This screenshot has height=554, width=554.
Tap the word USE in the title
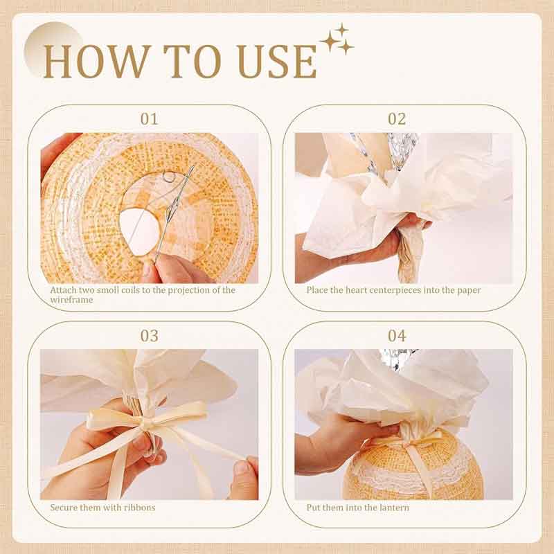point(278,62)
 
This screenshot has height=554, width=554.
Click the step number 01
point(149,119)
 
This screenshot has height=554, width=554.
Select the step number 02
point(397,119)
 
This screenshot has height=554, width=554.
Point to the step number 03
point(149,336)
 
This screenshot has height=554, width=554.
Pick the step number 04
point(397,336)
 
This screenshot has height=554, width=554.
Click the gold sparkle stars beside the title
point(337,39)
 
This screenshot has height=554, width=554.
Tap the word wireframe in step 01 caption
point(72,300)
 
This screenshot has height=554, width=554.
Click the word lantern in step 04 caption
point(394,508)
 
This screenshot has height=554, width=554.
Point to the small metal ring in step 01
point(168,177)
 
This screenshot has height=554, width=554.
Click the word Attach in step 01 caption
point(62,290)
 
